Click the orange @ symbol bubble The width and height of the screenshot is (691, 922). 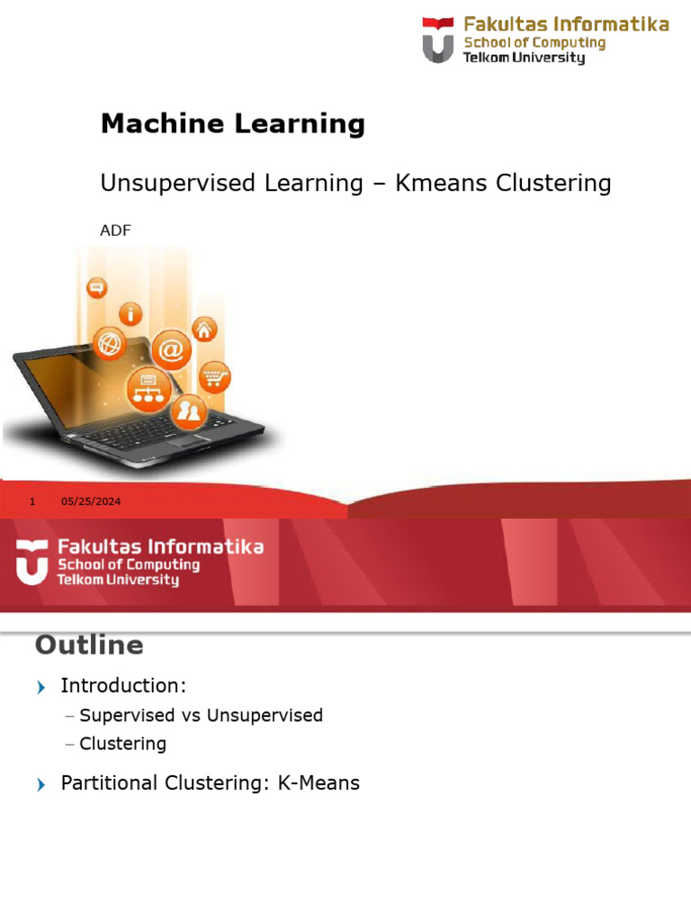pos(171,348)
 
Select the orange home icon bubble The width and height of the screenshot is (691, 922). pos(204,329)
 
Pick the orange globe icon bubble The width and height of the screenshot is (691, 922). pos(110,343)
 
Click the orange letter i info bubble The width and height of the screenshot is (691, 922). pos(133,313)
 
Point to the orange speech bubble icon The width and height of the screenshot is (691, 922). pos(97,289)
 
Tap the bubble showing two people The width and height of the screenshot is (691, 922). pos(189,412)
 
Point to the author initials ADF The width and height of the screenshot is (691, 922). pos(115,231)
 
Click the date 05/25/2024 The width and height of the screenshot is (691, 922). pos(91,502)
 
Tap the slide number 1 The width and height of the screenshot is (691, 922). pos(32,502)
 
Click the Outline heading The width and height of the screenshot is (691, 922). pos(88,645)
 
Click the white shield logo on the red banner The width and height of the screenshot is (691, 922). pos(31,562)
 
